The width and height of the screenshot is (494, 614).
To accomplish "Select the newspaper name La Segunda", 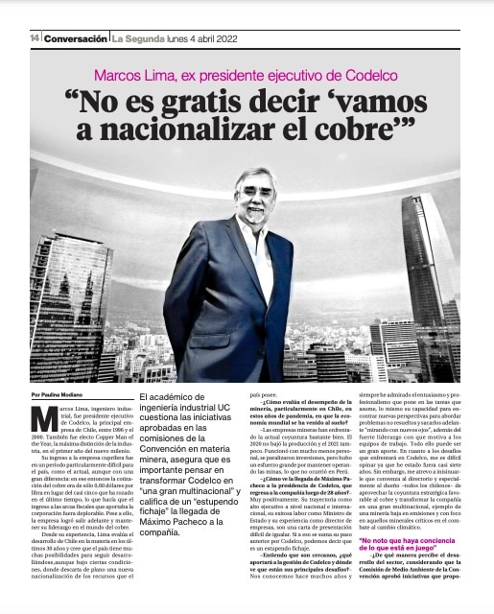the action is [139, 37].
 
